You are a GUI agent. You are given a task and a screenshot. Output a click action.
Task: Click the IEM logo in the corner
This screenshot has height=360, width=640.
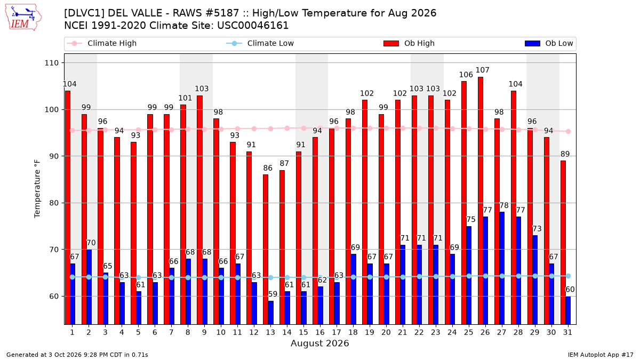[x=23, y=18]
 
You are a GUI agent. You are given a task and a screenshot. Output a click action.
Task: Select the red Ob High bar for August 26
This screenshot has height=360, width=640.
[x=481, y=201]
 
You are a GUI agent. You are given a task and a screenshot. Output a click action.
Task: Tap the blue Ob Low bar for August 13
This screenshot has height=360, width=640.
[x=270, y=313]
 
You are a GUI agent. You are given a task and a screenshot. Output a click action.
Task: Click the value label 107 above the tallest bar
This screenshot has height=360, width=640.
[x=483, y=70]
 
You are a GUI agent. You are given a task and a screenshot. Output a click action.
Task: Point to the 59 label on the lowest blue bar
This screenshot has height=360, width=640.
[x=273, y=294]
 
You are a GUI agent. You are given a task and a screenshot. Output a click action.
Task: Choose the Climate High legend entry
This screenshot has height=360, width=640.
[x=102, y=43]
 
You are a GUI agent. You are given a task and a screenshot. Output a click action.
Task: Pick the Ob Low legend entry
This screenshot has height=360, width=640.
[x=549, y=43]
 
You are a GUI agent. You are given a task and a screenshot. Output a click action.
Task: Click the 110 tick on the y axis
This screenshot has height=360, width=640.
[x=51, y=63]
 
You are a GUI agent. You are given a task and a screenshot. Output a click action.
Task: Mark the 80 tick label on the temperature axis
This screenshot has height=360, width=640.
[x=54, y=203]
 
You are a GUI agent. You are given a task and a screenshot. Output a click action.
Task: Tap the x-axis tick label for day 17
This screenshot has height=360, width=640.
[x=337, y=332]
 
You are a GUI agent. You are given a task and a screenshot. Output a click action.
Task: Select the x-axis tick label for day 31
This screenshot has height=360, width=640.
[x=567, y=332]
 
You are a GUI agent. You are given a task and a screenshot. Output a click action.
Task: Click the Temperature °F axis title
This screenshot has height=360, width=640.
[x=37, y=189]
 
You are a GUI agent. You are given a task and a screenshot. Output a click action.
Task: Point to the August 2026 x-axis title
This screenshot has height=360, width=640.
[x=319, y=343]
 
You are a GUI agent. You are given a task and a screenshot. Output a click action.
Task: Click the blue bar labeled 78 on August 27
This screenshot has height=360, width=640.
[x=502, y=268]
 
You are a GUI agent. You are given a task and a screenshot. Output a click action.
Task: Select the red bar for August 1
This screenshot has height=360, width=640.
[x=68, y=207]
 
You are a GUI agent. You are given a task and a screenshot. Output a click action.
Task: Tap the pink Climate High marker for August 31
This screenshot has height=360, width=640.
[x=569, y=131]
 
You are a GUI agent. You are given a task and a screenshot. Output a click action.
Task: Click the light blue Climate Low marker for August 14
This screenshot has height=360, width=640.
[x=287, y=278]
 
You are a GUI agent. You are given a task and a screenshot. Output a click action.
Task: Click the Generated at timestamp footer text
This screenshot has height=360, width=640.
[x=77, y=355]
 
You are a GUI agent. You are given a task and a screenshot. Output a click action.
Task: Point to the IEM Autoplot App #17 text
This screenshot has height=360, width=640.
[x=601, y=355]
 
